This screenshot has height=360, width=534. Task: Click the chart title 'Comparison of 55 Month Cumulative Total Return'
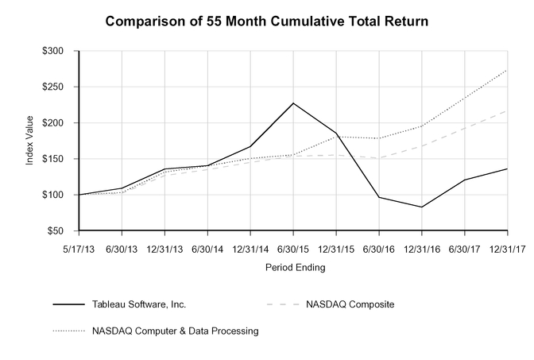point(267,21)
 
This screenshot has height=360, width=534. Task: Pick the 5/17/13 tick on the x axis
point(79,248)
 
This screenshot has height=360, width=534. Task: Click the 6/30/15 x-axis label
point(293,248)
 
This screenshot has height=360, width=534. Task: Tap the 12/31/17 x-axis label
point(507,248)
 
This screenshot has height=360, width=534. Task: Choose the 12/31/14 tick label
point(250,248)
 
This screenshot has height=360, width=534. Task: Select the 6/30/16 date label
point(379,248)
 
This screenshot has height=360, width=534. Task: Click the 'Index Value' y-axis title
point(30,141)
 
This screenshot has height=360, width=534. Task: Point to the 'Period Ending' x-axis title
point(293,268)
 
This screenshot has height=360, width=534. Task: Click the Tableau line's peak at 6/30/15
point(293,103)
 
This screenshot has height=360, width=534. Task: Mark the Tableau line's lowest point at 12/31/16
point(422,207)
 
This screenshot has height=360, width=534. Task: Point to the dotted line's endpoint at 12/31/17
point(507,69)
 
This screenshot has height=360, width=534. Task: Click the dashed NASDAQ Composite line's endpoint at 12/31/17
point(507,110)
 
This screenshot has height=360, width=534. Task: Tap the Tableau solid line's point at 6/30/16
point(379,197)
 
